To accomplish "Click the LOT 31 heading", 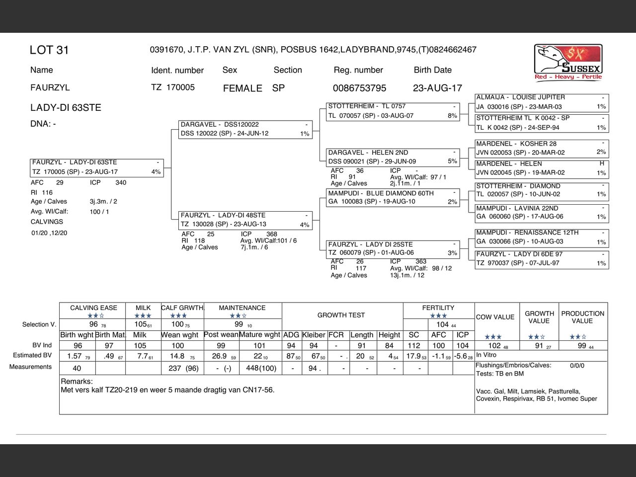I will [x=49, y=50].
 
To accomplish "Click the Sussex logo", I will [x=568, y=62].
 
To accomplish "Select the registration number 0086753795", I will [x=359, y=88].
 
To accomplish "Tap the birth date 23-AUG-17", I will [x=437, y=88].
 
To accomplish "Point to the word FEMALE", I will [x=242, y=88].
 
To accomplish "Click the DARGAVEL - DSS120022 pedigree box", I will [x=245, y=129].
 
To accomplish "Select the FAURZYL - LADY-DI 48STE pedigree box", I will [x=245, y=220].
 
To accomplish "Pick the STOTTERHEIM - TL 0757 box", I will [x=393, y=111].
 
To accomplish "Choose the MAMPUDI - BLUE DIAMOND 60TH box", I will [x=393, y=197].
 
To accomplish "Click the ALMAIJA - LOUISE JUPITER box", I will [x=542, y=102].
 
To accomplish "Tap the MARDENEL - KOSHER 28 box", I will [x=542, y=148].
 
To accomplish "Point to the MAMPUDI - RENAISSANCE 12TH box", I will [x=542, y=237].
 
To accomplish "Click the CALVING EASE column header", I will [x=93, y=308].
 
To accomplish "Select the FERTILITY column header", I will [x=438, y=308].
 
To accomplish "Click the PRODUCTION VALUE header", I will [x=583, y=317].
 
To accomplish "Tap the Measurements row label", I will [x=30, y=367].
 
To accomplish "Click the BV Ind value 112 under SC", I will [x=414, y=346].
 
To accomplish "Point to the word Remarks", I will [x=77, y=382].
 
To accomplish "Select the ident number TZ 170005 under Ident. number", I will [x=173, y=87].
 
